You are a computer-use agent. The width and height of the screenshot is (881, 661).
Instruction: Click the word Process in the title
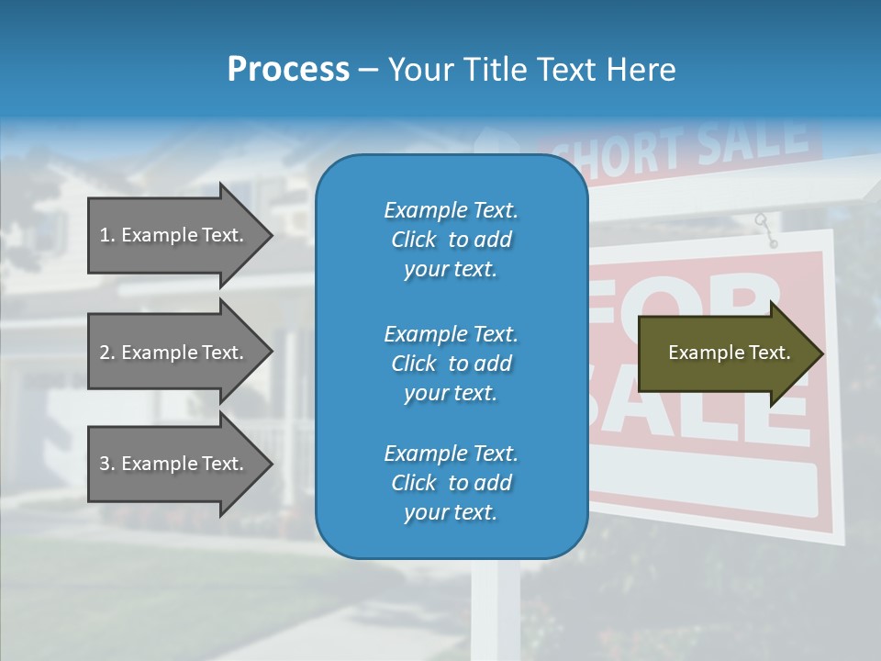(288, 70)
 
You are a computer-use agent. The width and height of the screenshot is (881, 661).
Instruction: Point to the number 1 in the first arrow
(106, 235)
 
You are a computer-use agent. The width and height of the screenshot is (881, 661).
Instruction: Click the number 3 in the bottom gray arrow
(106, 464)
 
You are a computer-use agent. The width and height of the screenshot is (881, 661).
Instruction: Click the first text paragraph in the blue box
(451, 240)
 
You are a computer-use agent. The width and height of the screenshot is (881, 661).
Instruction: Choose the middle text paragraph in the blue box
(451, 364)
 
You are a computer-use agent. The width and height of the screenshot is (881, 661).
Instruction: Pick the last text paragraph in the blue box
(451, 483)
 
